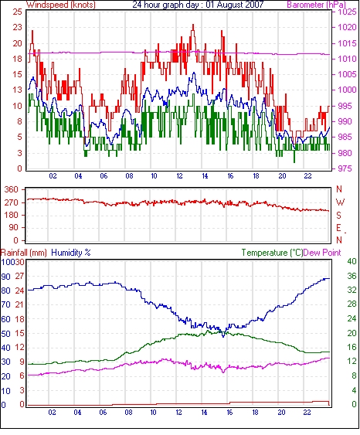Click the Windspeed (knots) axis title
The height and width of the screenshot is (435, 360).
pos(61,5)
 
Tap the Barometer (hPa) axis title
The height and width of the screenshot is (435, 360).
pos(316,5)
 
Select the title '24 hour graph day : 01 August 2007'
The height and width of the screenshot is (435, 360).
pos(198,5)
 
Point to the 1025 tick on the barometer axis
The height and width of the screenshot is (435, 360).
pos(346,12)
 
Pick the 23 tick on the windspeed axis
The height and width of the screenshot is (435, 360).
pos(17,28)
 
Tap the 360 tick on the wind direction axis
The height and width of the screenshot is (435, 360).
pos(12,190)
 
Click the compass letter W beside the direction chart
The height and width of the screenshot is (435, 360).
pos(340,202)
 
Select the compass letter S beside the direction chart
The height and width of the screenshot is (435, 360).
pos(338,215)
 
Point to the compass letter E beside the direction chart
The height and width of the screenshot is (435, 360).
pos(338,228)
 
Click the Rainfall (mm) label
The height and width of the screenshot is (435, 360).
pos(24,253)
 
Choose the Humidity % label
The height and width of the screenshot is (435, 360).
pos(71,253)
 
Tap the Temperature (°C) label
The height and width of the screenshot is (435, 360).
pos(272,253)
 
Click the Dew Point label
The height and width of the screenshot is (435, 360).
pos(322,253)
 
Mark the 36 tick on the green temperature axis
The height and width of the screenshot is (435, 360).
pos(352,276)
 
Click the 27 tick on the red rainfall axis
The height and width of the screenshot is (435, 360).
pos(19,277)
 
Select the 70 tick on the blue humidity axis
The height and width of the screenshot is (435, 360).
pos(6,304)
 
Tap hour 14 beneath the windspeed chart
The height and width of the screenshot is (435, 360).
pos(205,176)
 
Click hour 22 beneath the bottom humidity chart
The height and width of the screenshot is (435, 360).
pos(307,413)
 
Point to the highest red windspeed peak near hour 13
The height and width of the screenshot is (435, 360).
pos(193,25)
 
